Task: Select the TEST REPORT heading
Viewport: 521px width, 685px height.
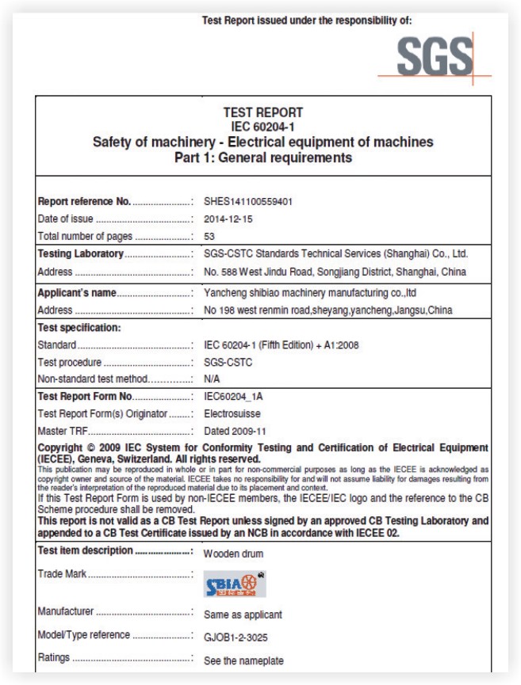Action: (262, 112)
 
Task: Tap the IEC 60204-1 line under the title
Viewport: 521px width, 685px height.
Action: (262, 126)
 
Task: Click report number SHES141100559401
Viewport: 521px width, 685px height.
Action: (248, 202)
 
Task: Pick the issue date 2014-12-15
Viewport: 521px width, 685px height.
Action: (229, 219)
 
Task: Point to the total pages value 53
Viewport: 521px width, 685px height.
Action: (209, 236)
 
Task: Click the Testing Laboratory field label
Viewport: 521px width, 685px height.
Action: (81, 254)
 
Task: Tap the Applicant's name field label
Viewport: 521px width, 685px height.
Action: (77, 293)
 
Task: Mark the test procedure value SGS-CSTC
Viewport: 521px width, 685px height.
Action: (228, 362)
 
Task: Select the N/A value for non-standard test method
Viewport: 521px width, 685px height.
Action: (212, 379)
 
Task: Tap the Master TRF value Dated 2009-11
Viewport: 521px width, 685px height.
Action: (236, 431)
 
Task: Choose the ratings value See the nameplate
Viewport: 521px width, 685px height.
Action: (243, 660)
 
